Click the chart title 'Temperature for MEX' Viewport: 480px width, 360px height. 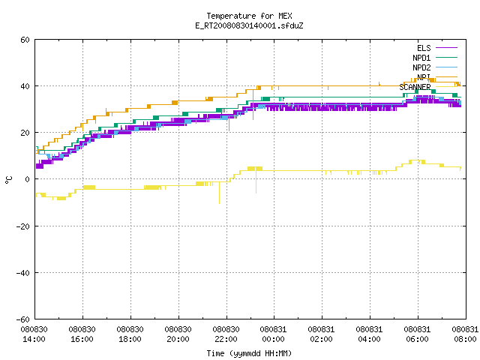pos(249,16)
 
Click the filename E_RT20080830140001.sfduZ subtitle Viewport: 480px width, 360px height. pos(249,25)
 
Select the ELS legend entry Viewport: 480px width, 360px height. pos(436,48)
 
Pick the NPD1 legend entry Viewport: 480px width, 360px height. pos(435,58)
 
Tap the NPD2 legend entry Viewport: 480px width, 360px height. pos(435,67)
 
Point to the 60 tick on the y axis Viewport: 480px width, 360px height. pos(25,40)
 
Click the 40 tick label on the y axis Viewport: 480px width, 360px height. pos(25,86)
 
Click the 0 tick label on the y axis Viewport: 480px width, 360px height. pos(28,179)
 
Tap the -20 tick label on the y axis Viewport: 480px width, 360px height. pos(23,226)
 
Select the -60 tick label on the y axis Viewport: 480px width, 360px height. pos(23,319)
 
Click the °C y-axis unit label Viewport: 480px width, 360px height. pos(8,180)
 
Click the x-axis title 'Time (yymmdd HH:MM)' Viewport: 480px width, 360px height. pos(249,353)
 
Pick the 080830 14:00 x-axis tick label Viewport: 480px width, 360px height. pos(34,334)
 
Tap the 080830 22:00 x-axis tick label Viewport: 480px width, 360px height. pos(226,334)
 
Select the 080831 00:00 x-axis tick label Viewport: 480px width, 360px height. pos(273,334)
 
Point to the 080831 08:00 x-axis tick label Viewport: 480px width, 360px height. pos(465,334)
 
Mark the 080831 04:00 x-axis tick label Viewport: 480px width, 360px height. pos(369,334)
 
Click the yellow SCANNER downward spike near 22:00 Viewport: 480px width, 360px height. pos(219,193)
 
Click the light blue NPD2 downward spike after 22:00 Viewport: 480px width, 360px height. pos(229,124)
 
